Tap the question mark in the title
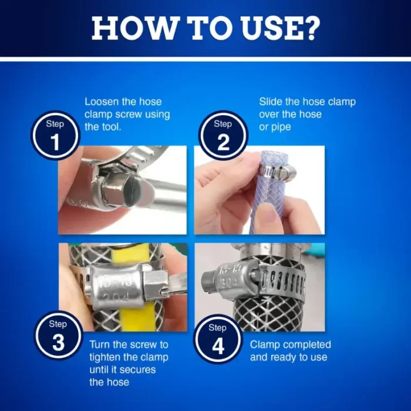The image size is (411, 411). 311,28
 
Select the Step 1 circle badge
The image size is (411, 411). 55,135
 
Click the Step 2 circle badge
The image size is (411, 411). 223,135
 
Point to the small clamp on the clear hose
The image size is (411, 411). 277,171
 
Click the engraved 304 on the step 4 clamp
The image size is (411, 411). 228,284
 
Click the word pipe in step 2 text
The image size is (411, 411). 281,127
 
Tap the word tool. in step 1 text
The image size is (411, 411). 110,127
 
